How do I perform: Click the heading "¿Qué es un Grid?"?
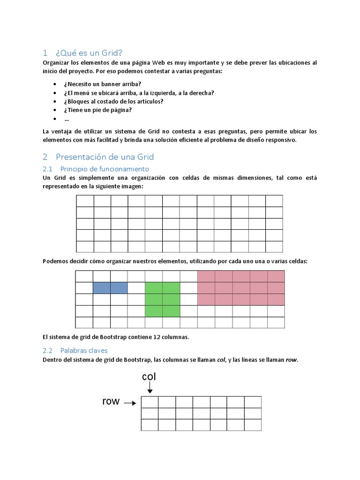pyautogui.click(x=90, y=52)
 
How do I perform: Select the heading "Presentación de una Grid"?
pyautogui.click(x=105, y=157)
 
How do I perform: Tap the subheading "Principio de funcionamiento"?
pyautogui.click(x=105, y=168)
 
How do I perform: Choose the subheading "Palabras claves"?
pyautogui.click(x=84, y=350)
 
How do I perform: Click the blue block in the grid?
pyautogui.click(x=110, y=288)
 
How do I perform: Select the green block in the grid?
pyautogui.click(x=162, y=299)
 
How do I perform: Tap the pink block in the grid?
pyautogui.click(x=241, y=288)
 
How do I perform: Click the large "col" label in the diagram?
pyautogui.click(x=149, y=377)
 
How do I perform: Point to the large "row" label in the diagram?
pyautogui.click(x=111, y=401)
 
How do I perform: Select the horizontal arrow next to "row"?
pyautogui.click(x=130, y=402)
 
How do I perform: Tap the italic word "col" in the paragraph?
pyautogui.click(x=222, y=360)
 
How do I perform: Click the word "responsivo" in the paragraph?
pyautogui.click(x=281, y=140)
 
